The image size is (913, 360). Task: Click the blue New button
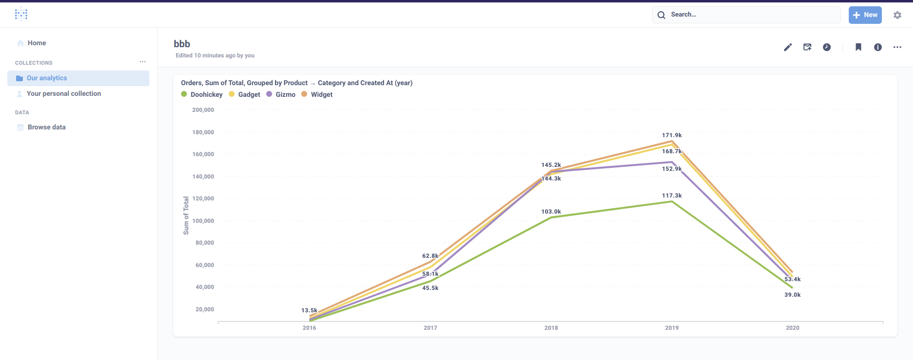tap(865, 15)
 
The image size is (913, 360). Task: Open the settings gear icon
tap(897, 15)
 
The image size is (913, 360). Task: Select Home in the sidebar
tap(37, 43)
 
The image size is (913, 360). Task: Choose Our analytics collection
tap(47, 78)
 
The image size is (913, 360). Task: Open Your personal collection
tap(64, 94)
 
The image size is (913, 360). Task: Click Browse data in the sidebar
tap(46, 127)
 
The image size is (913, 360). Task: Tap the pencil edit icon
tap(788, 47)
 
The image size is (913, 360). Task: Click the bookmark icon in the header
tap(858, 47)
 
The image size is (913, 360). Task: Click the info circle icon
tap(878, 47)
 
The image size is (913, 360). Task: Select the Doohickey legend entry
tap(206, 95)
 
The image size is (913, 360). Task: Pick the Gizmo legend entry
tap(285, 95)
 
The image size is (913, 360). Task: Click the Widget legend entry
tap(321, 95)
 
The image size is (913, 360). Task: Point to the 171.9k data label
tap(672, 135)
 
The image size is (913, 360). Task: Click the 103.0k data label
tap(551, 212)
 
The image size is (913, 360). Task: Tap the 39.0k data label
tap(792, 295)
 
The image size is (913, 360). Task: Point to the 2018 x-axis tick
tap(551, 328)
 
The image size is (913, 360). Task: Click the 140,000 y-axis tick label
tap(203, 177)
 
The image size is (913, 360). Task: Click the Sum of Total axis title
tap(186, 216)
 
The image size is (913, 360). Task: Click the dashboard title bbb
tap(182, 44)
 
